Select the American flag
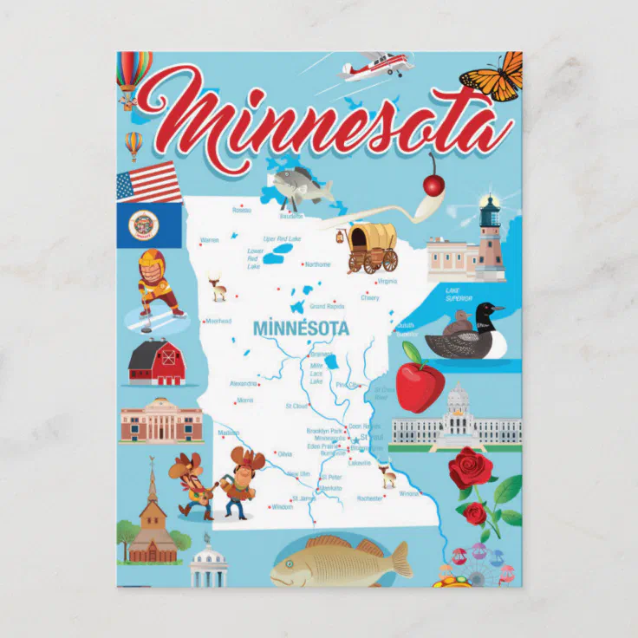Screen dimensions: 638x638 coord(149,181)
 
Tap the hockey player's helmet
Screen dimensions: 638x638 coord(152,261)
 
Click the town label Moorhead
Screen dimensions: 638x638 coord(218,321)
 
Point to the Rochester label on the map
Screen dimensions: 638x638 coord(368,498)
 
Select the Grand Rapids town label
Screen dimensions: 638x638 coord(328,306)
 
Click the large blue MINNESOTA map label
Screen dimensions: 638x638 coord(301,329)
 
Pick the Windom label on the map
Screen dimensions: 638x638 coord(282,507)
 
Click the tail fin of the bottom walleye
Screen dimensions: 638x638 coord(400,560)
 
